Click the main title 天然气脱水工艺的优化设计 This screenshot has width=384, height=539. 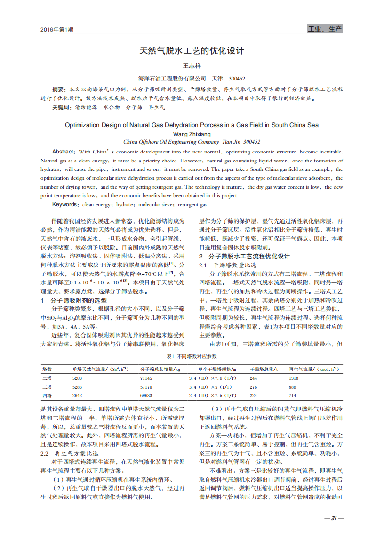coord(192,51)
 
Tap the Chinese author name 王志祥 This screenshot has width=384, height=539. coord(192,66)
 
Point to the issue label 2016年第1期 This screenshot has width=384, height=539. coord(57,30)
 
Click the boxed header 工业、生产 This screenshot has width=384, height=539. coord(325,29)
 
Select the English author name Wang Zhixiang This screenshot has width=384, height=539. coord(192,134)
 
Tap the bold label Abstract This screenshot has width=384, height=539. coord(63,152)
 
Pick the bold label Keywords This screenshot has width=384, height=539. coord(65,205)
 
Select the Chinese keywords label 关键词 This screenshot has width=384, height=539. coord(60,108)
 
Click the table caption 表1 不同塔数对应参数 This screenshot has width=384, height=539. coord(192,357)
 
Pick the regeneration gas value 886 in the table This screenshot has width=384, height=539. coord(293,387)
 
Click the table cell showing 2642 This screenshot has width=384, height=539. coord(77,396)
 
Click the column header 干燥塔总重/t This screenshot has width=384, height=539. coord(264,369)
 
